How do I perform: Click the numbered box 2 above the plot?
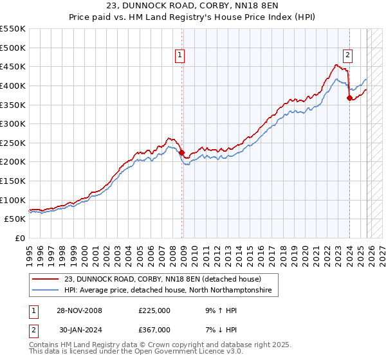point(347,56)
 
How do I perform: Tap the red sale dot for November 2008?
point(181,152)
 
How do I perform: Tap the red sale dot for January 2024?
point(349,98)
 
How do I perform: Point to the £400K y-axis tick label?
point(13,85)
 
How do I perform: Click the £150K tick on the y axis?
point(13,181)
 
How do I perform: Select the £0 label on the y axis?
point(19,238)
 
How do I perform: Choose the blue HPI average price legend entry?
point(167,291)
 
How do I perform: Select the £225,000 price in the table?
point(154,310)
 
